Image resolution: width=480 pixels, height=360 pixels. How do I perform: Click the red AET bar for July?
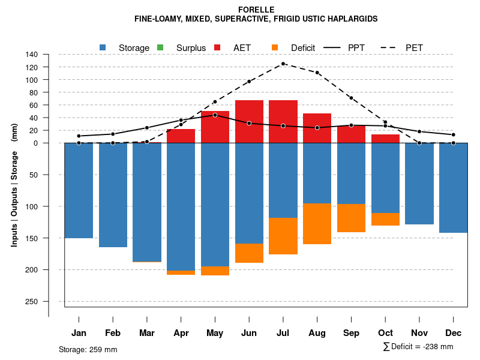(283, 122)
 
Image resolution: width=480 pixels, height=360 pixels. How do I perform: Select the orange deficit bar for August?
(317, 224)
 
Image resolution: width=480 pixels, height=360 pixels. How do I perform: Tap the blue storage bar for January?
(79, 190)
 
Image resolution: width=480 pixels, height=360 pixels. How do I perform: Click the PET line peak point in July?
(283, 64)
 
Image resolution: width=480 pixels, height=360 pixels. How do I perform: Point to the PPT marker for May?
(215, 115)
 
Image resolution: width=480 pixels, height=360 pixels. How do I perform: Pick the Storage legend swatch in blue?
(103, 47)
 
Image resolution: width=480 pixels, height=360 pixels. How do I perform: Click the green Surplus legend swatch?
(160, 47)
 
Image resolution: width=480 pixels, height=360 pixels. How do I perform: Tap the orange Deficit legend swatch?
(275, 47)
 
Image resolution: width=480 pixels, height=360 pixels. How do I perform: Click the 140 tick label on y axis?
(32, 55)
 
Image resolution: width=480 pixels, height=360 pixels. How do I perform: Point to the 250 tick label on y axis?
(32, 301)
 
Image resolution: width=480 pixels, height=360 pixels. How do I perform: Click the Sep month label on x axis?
(352, 333)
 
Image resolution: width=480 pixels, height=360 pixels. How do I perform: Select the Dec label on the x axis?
(454, 333)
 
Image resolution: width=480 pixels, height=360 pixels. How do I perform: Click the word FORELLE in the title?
(256, 10)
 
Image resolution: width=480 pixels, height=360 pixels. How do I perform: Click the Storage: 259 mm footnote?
(88, 349)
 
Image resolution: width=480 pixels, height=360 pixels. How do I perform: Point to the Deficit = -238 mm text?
(422, 347)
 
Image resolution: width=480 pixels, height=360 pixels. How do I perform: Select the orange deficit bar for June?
(249, 253)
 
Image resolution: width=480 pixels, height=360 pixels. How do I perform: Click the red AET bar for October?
(385, 139)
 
